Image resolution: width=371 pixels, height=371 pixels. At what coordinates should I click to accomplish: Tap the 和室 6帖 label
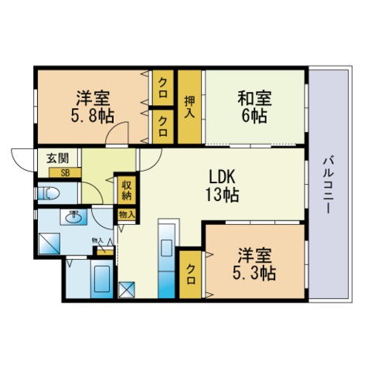[x=254, y=107]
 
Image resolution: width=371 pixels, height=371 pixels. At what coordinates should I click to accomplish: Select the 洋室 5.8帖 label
[x=93, y=107]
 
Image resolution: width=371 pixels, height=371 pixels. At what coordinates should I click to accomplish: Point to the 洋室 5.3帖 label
[x=254, y=264]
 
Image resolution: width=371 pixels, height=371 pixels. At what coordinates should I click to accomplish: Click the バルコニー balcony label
[x=328, y=185]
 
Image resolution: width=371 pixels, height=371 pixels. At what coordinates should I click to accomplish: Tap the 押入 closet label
[x=189, y=107]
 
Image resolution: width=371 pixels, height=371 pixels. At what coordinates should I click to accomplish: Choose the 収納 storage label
[x=127, y=190]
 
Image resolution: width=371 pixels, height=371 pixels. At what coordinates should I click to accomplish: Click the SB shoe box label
[x=65, y=173]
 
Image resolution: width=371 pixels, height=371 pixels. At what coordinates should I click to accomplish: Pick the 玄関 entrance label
[x=58, y=158]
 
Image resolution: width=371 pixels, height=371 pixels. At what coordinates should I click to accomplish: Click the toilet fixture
[x=49, y=193]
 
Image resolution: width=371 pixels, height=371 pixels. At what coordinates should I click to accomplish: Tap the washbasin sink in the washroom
[x=73, y=217]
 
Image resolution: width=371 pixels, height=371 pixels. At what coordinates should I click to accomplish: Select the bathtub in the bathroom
[x=102, y=279]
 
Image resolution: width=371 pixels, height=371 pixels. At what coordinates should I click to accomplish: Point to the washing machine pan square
[x=49, y=243]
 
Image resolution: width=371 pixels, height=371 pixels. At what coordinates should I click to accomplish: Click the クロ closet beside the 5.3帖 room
[x=190, y=274]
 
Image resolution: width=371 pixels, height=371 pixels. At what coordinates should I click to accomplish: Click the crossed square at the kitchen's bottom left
[x=127, y=290]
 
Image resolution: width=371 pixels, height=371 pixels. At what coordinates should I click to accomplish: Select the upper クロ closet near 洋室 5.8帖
[x=162, y=87]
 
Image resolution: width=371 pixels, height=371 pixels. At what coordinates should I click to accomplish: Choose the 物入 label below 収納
[x=127, y=214]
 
